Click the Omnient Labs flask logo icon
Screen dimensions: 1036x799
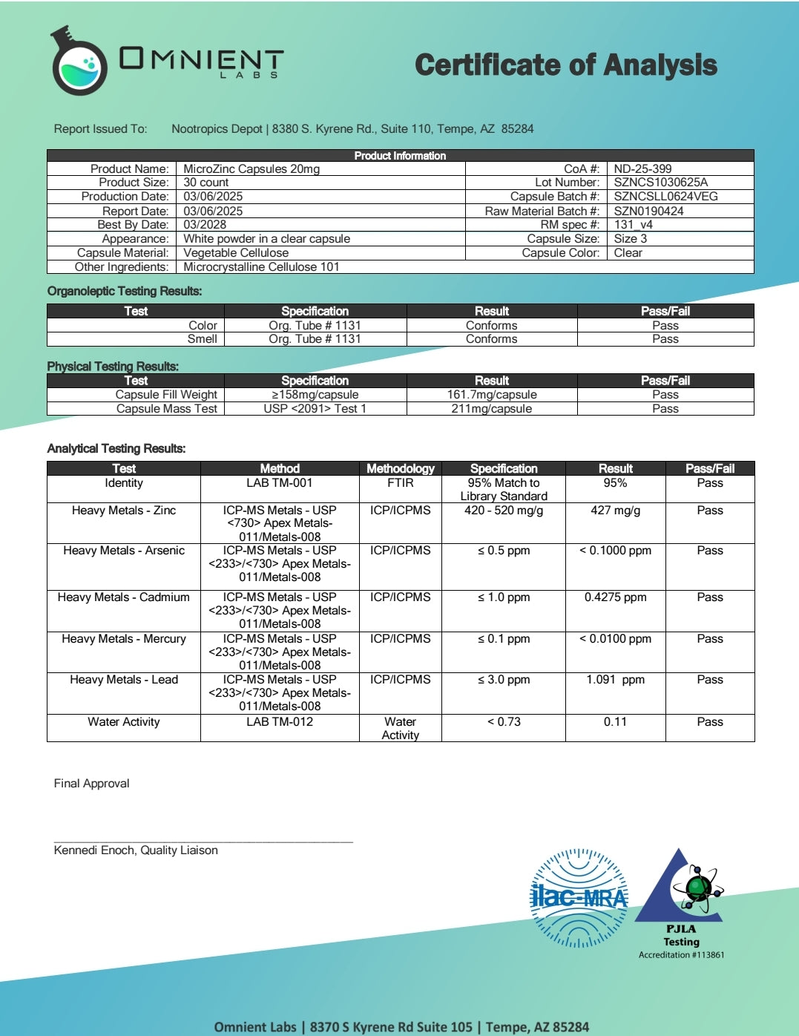pyautogui.click(x=78, y=62)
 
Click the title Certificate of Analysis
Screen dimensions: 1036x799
pyautogui.click(x=565, y=65)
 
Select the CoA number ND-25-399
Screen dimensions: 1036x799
pyautogui.click(x=642, y=168)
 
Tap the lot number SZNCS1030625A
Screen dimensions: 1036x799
pyautogui.click(x=660, y=183)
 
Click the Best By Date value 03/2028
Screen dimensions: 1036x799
pyautogui.click(x=205, y=225)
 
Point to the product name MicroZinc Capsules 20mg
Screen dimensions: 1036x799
pyautogui.click(x=251, y=168)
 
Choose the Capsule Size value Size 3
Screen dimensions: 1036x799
pyautogui.click(x=630, y=239)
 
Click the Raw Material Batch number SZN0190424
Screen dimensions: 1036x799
pyautogui.click(x=648, y=211)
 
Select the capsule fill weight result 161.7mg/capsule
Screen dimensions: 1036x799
pyautogui.click(x=492, y=395)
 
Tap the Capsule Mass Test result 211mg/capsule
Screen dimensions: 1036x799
pyautogui.click(x=492, y=409)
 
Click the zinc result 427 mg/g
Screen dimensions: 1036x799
pyautogui.click(x=615, y=511)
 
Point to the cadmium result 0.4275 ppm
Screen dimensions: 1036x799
pyautogui.click(x=615, y=597)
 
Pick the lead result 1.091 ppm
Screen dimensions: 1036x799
pyautogui.click(x=615, y=680)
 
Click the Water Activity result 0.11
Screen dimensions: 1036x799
pyautogui.click(x=615, y=722)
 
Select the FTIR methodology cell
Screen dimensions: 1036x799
pyautogui.click(x=400, y=483)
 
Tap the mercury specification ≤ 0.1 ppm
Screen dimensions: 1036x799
pyautogui.click(x=504, y=639)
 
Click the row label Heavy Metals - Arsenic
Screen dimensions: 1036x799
pyautogui.click(x=124, y=551)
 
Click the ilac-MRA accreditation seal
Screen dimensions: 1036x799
pyautogui.click(x=579, y=898)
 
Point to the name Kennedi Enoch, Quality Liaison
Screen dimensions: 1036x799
pyautogui.click(x=136, y=850)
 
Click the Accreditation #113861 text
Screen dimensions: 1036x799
pyautogui.click(x=681, y=955)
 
